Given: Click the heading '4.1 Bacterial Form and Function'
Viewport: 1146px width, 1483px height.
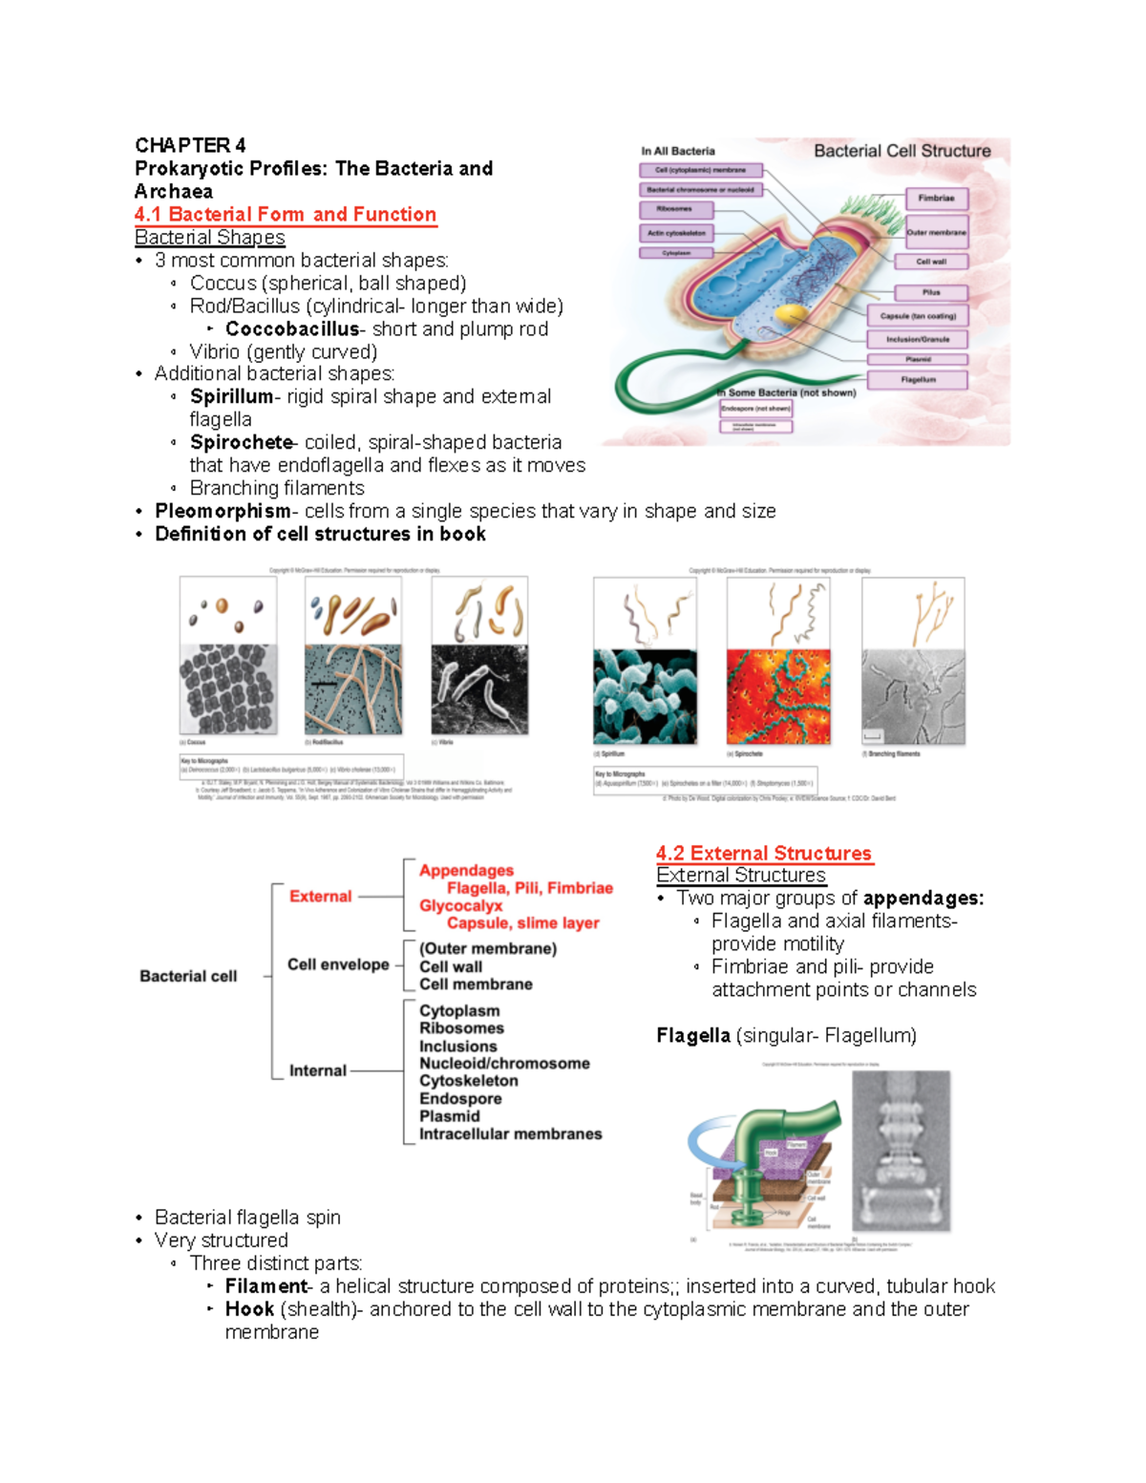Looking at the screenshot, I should [285, 215].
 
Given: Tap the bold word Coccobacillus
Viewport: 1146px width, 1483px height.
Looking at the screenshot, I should [292, 329].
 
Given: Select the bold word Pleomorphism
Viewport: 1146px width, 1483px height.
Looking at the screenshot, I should [223, 512].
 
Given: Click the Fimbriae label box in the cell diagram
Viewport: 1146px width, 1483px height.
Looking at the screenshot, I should [936, 199].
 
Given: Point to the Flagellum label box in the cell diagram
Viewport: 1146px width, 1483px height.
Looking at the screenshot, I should [917, 380].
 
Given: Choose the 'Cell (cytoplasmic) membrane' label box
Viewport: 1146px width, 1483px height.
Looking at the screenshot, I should [700, 171].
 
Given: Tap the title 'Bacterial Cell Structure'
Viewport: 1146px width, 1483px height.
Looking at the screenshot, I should [902, 151].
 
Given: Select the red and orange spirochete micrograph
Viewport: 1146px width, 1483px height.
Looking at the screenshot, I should [778, 697].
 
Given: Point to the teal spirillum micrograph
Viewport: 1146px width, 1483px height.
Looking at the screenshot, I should [645, 697].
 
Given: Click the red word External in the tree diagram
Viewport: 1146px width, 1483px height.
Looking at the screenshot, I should [320, 897].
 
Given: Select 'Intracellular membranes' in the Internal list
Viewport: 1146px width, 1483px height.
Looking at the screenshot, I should [510, 1134].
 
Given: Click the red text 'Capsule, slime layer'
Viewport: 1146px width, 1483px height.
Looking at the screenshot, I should [522, 923].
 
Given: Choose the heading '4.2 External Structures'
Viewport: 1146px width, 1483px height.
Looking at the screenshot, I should [763, 854].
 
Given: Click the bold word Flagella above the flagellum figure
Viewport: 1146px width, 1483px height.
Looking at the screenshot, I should [693, 1036].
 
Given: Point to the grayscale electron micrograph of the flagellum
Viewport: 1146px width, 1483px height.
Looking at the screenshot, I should [901, 1151].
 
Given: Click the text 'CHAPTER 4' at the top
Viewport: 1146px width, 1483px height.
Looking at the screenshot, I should [190, 145].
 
